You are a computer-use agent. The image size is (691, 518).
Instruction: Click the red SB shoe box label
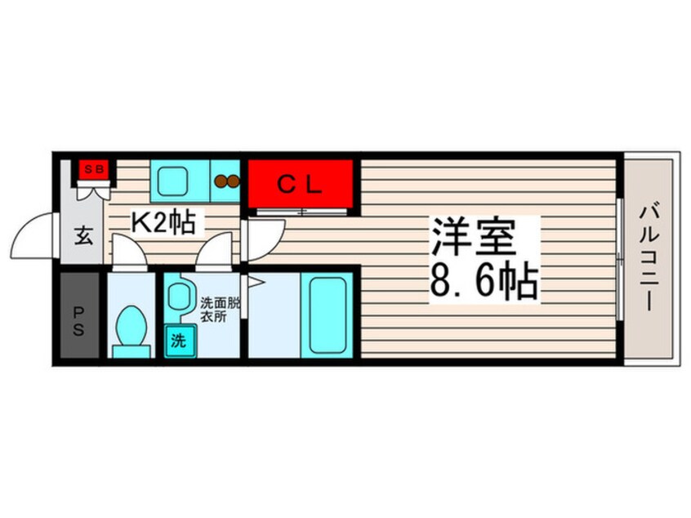[94, 169]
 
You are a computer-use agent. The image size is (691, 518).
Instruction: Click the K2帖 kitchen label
[164, 222]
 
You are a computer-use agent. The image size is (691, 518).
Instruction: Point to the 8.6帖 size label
[484, 280]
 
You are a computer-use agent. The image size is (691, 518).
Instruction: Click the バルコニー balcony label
[649, 257]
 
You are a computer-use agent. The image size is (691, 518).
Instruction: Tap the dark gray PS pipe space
[79, 315]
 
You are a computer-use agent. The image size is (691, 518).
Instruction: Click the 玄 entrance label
[83, 236]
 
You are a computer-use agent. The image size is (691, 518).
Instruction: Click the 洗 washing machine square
[180, 341]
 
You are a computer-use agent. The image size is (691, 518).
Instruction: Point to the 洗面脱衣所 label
[221, 310]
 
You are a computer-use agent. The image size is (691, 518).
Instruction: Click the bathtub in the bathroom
[327, 315]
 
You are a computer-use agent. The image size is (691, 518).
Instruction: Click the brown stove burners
[227, 181]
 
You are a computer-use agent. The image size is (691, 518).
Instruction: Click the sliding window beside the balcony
[620, 260]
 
